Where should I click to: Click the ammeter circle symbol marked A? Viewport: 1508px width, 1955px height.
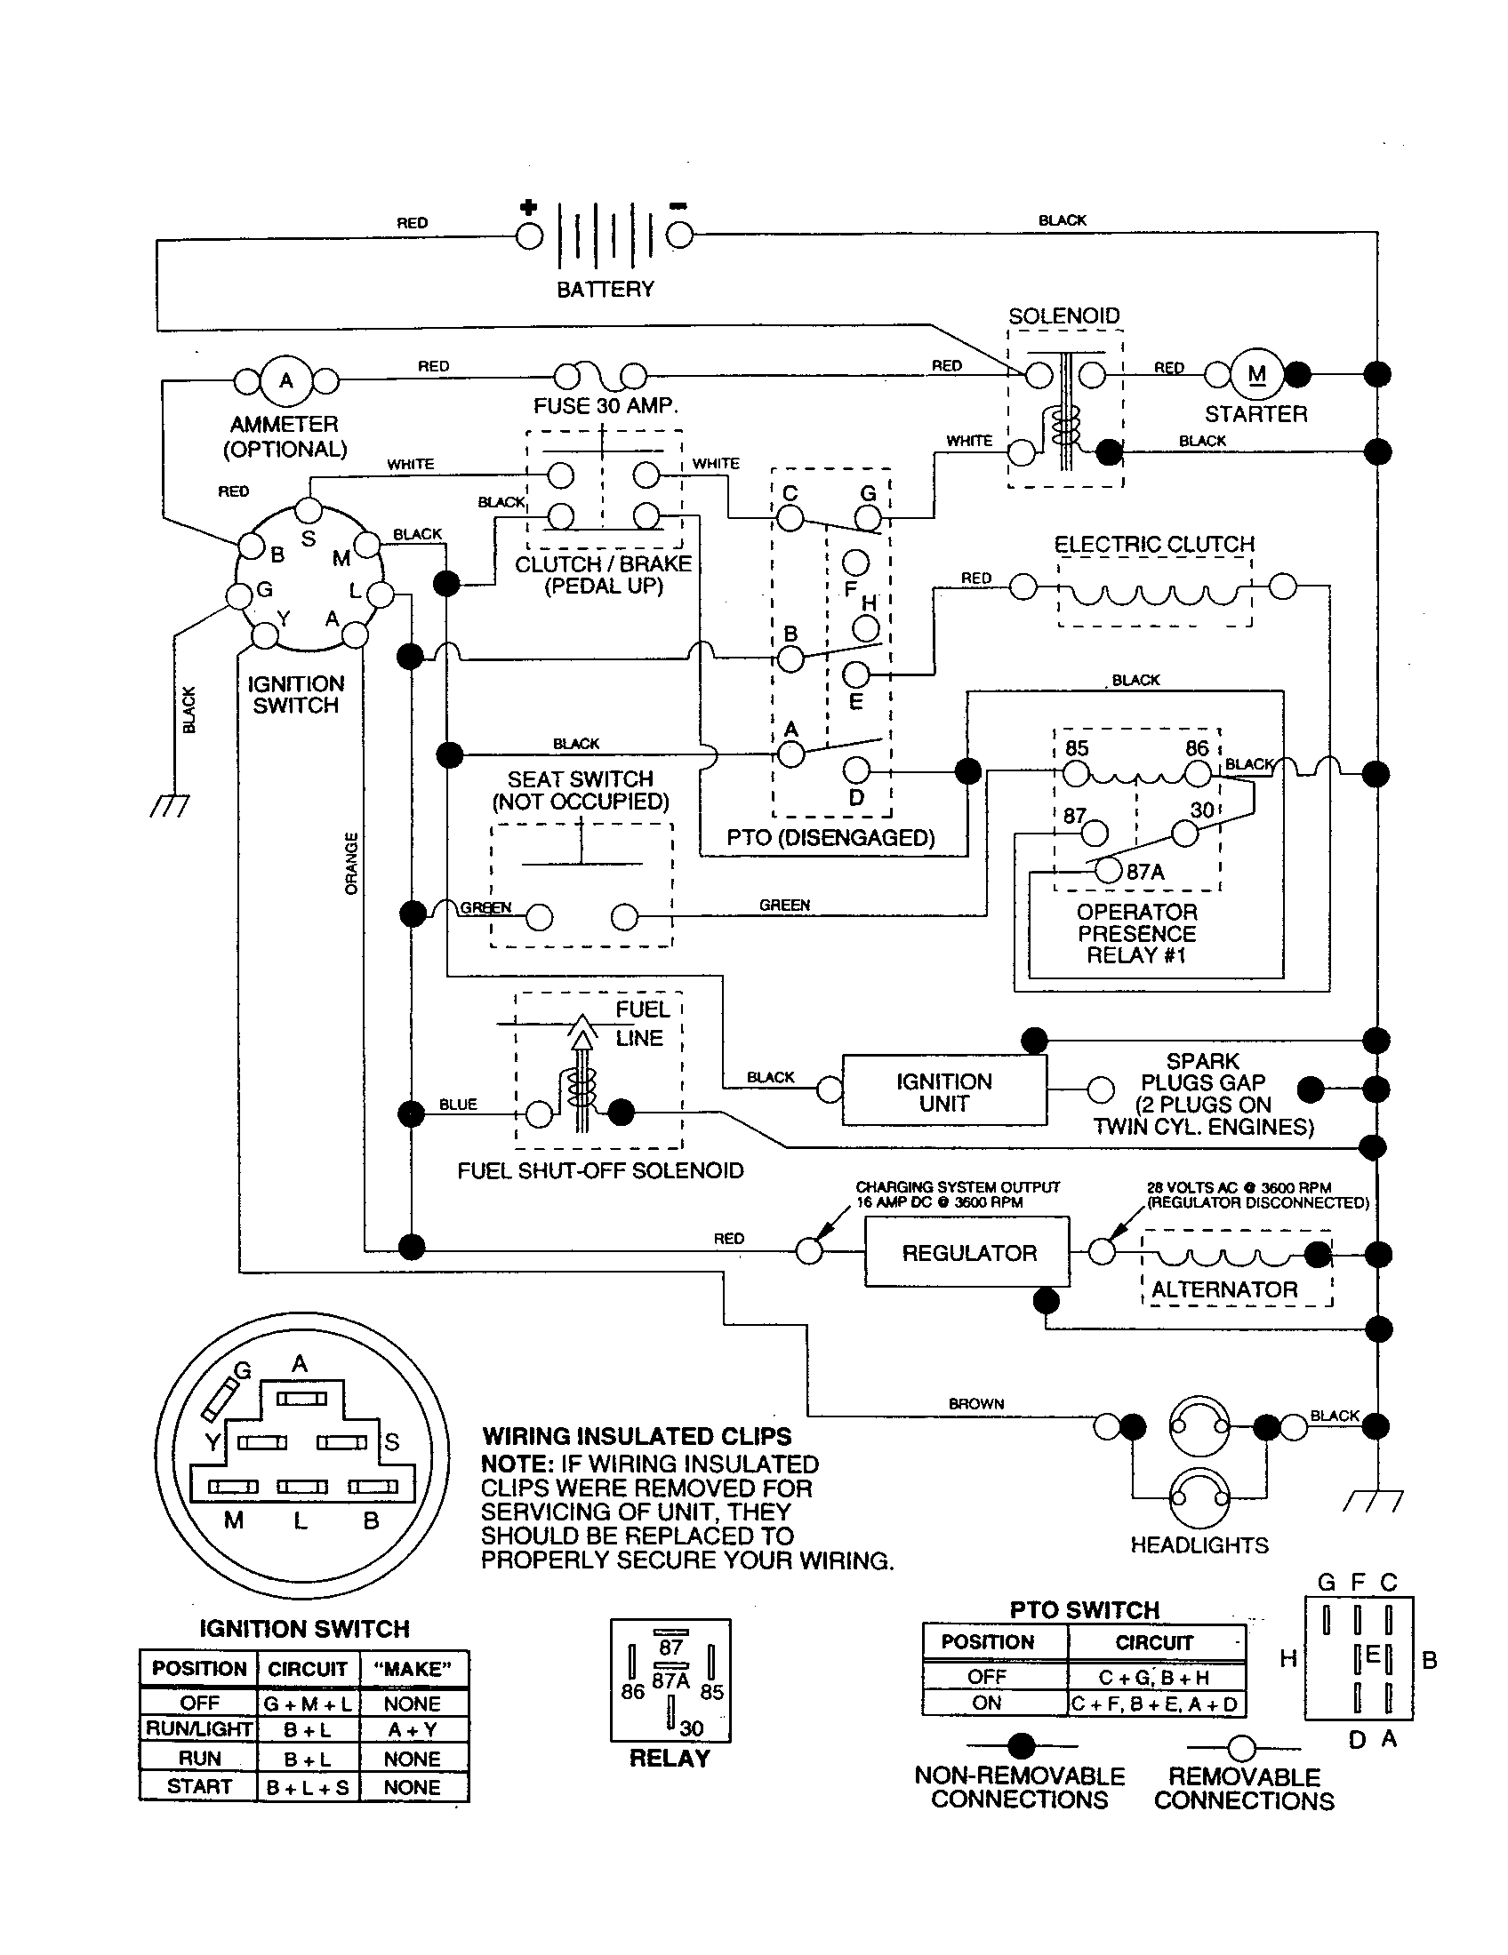[285, 380]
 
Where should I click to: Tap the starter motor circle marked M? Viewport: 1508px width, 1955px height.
[1256, 374]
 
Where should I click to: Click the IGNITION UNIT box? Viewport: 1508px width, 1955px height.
[944, 1092]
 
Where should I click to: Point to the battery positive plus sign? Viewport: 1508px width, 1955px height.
[528, 208]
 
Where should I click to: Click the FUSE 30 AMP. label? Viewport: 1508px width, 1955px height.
[606, 405]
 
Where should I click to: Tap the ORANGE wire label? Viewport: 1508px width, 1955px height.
[352, 863]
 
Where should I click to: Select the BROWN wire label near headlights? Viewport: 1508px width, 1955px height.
[976, 1403]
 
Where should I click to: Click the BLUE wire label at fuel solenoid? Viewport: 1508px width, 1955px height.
[458, 1105]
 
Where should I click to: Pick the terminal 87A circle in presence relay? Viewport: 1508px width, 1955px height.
[1109, 870]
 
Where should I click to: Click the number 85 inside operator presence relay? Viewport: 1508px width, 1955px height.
[1077, 748]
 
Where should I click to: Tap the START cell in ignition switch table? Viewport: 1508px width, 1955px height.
[199, 1786]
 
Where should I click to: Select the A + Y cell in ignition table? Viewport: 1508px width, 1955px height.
[412, 1729]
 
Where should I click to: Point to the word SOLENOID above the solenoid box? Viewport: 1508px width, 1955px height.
[1063, 316]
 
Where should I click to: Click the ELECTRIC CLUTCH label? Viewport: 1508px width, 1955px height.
[1153, 544]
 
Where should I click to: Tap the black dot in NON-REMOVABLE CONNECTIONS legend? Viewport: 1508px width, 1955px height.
[1021, 1745]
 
